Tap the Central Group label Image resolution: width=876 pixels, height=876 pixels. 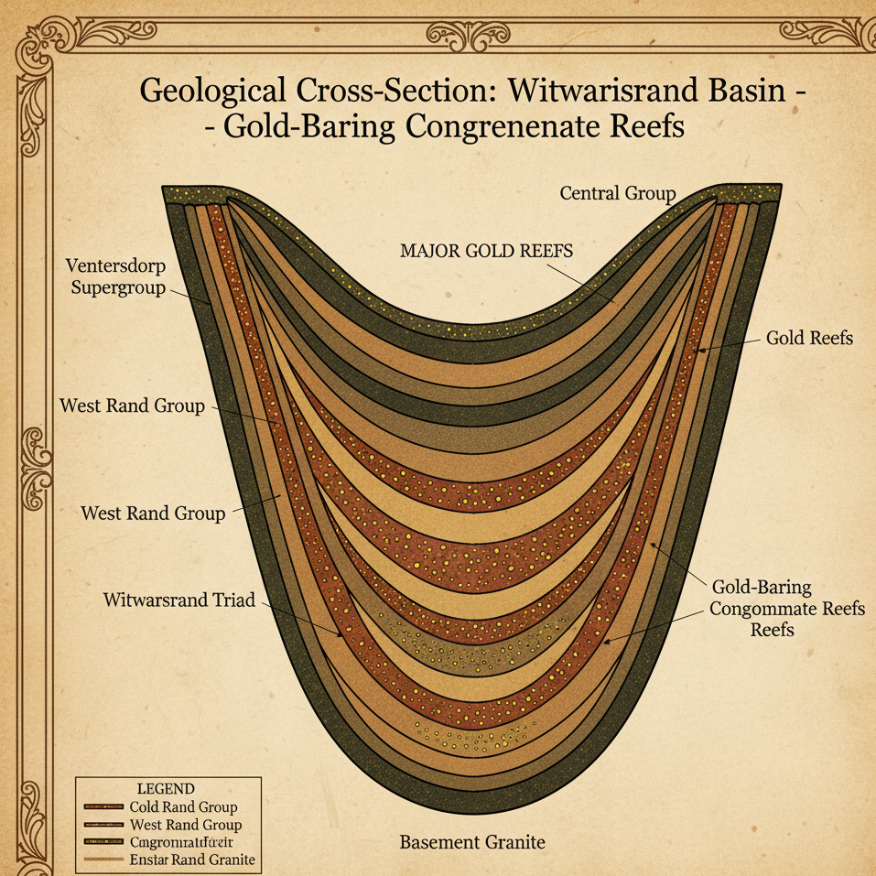(617, 193)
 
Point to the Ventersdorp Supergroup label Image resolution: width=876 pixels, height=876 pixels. (115, 276)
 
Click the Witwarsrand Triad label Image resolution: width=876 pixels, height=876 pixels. (178, 601)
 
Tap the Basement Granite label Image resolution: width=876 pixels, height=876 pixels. (472, 841)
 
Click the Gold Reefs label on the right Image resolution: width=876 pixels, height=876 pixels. (809, 338)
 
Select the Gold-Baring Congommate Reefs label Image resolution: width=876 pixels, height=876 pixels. (786, 608)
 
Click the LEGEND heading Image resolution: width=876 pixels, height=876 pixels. (165, 789)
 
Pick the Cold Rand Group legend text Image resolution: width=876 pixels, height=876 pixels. (183, 807)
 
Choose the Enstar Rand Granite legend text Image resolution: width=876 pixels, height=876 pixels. (192, 860)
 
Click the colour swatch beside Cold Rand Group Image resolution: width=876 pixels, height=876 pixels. (103, 807)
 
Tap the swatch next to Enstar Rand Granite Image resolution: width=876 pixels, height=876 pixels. (103, 860)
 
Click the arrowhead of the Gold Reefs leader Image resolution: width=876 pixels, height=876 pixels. (699, 350)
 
